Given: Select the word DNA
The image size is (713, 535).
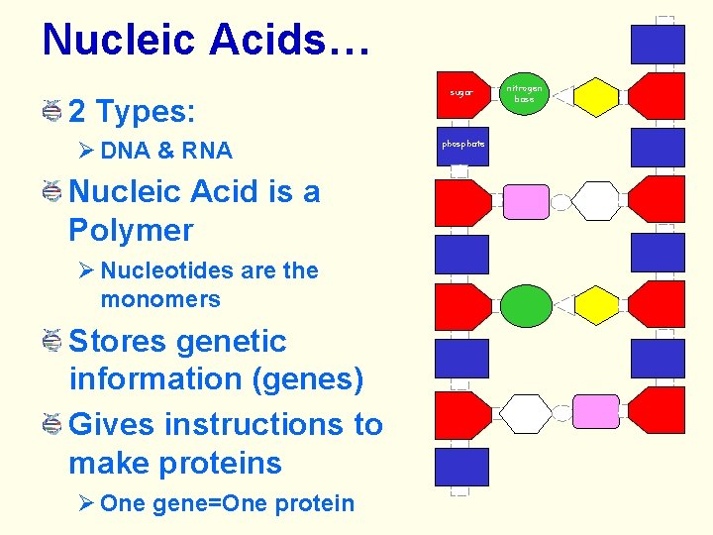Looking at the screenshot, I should coord(125,151).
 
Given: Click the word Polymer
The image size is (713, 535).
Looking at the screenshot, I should coord(131,230).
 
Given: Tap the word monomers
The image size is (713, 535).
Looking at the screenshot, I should coord(160,298).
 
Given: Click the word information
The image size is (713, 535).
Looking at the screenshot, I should coord(147,379).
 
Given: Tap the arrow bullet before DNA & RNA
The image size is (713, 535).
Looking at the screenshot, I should coord(86,151).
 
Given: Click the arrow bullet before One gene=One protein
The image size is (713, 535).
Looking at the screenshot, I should coord(86,503).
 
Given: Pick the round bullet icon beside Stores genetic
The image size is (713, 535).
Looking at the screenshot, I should coord(53,342).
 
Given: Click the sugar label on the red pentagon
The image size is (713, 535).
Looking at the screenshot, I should coord(461,93).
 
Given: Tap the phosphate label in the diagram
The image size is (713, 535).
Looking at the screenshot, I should coord(462,144).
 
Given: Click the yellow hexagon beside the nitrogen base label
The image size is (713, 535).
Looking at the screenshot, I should coord(596,95).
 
